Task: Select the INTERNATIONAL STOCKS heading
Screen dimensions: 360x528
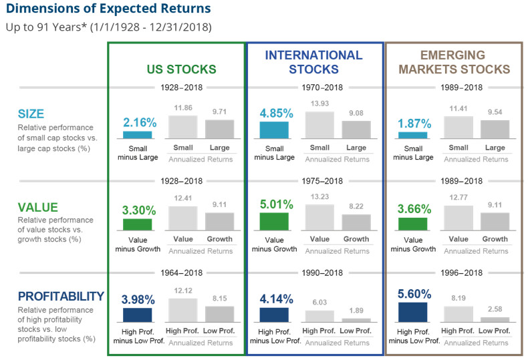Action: pyautogui.click(x=313, y=62)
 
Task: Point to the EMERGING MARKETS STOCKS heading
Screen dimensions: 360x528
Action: pyautogui.click(x=454, y=62)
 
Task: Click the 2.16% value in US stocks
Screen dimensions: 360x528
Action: pyautogui.click(x=139, y=122)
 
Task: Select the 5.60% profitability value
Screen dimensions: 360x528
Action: pyautogui.click(x=412, y=293)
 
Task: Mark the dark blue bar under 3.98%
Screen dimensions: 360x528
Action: pyautogui.click(x=138, y=315)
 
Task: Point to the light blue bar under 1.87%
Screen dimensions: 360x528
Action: pyautogui.click(x=412, y=135)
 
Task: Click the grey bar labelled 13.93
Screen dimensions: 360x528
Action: pyautogui.click(x=319, y=125)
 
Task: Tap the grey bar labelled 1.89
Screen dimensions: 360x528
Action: pyautogui.click(x=356, y=320)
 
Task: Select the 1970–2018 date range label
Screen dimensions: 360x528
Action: pyautogui.click(x=315, y=87)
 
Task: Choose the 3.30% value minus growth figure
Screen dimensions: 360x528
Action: pyautogui.click(x=138, y=210)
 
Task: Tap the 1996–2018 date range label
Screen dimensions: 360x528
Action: pyautogui.click(x=454, y=273)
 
